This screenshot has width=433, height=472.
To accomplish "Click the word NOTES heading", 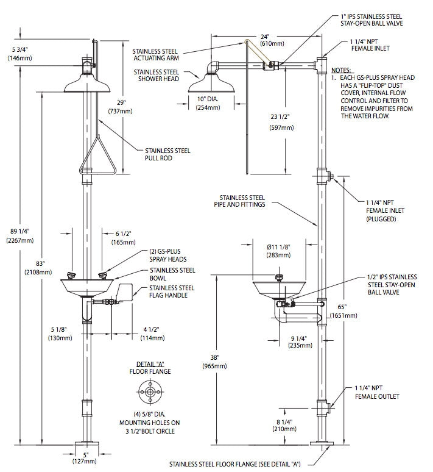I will point(341,70).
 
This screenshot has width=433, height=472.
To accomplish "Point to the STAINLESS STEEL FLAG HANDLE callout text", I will point(172,291).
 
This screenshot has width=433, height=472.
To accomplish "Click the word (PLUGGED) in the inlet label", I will point(381,218).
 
